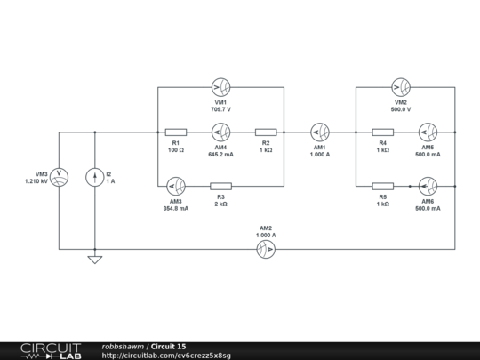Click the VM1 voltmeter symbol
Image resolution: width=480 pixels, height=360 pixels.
click(220, 87)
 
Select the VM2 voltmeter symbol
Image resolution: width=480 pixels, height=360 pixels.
click(400, 87)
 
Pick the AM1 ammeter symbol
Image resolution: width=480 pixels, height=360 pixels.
click(319, 132)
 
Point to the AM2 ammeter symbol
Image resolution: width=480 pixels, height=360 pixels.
click(265, 250)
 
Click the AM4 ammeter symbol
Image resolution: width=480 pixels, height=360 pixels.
click(220, 132)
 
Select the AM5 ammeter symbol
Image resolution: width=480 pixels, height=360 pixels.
click(428, 132)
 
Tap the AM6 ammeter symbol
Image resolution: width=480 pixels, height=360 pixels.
click(428, 187)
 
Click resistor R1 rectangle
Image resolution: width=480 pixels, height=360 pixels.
click(176, 132)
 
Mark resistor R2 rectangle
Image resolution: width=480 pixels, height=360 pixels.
click(266, 132)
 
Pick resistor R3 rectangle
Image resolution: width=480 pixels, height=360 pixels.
click(220, 187)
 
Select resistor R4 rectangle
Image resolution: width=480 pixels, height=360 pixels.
click(382, 132)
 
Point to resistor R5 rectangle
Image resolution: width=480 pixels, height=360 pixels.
click(382, 187)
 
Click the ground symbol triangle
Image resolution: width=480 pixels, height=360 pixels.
click(95, 260)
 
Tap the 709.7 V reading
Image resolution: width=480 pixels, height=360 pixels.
click(220, 109)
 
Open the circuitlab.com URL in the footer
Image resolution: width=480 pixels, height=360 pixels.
click(166, 356)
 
